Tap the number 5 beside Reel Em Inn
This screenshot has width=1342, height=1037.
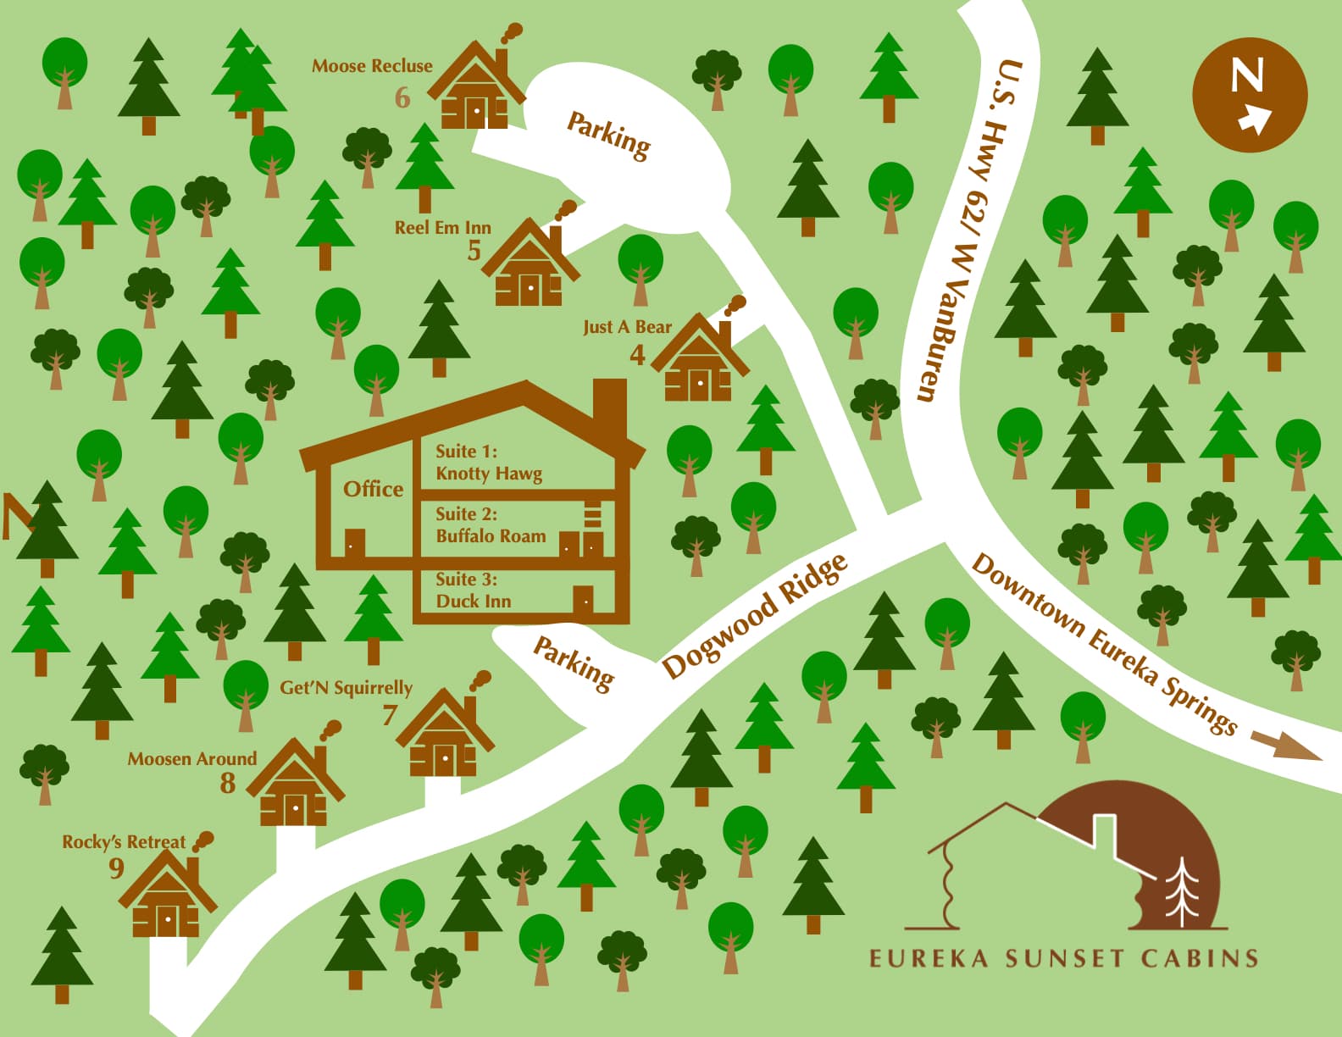click(474, 251)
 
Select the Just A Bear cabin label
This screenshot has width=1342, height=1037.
click(627, 327)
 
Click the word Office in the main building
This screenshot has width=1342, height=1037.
click(373, 489)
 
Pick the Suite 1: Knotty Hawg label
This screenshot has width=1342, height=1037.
click(488, 463)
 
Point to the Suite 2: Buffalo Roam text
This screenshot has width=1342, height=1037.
click(490, 525)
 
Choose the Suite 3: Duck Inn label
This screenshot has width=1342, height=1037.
click(473, 591)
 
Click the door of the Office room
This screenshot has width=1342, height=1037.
click(355, 543)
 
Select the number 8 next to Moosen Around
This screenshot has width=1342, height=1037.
click(228, 784)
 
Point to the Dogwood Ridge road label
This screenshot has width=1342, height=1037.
click(754, 615)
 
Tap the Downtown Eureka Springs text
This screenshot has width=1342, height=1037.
click(1103, 644)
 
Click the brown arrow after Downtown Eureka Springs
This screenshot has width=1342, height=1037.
click(1285, 747)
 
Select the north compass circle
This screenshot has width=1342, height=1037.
click(1250, 95)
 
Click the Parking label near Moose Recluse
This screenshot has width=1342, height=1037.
click(608, 136)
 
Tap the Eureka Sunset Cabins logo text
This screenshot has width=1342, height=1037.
click(1063, 958)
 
